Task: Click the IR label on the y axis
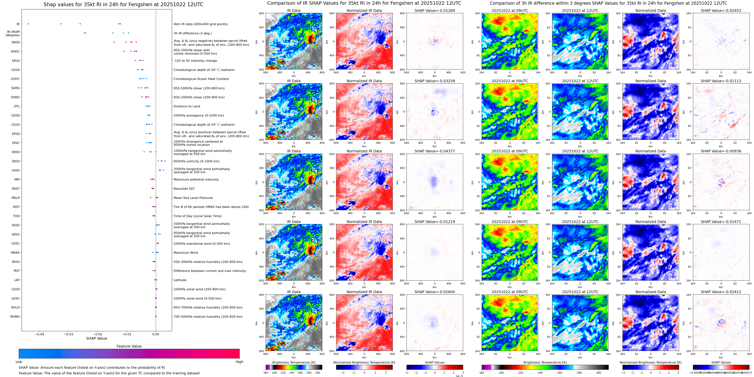pyautogui.click(x=18, y=24)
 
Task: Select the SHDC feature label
pyautogui.click(x=15, y=51)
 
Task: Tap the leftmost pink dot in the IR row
pyautogui.click(x=28, y=24)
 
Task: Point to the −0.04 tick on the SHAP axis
pyautogui.click(x=39, y=334)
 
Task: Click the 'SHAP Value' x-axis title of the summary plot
pyautogui.click(x=97, y=338)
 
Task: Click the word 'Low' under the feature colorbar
pyautogui.click(x=19, y=362)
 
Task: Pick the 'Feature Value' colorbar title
pyautogui.click(x=129, y=346)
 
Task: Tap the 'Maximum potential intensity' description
pyautogui.click(x=196, y=180)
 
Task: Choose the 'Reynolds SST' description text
pyautogui.click(x=184, y=189)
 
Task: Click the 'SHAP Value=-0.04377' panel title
pyautogui.click(x=435, y=151)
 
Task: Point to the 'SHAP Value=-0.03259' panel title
pyautogui.click(x=435, y=81)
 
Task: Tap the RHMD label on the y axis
pyautogui.click(x=15, y=317)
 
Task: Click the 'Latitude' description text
pyautogui.click(x=180, y=280)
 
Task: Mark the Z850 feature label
pyautogui.click(x=16, y=161)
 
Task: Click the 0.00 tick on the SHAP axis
pyautogui.click(x=156, y=334)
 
